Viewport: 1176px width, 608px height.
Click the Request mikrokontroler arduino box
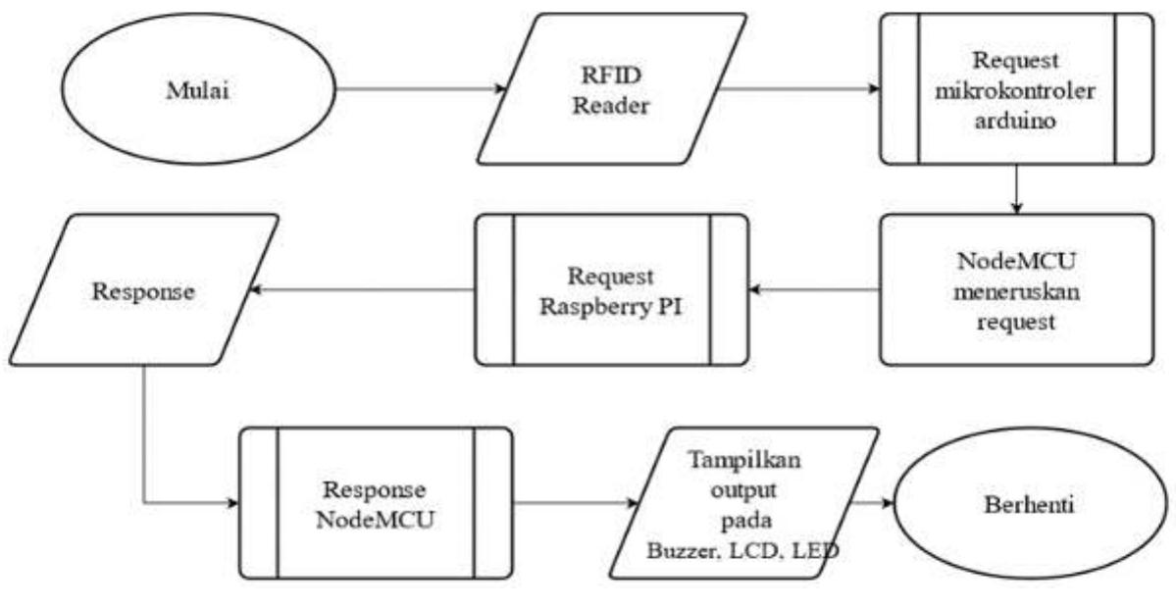coord(1016,89)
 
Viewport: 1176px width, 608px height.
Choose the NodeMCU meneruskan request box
coord(1016,290)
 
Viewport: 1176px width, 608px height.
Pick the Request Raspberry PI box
coord(611,289)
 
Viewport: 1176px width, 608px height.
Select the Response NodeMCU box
coord(376,503)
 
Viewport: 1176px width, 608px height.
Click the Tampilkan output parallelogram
coord(742,503)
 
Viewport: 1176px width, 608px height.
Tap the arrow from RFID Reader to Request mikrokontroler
coord(799,89)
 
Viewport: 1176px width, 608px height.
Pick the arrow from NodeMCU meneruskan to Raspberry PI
coord(814,289)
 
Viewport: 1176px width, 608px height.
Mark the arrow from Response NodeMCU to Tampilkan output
coord(574,503)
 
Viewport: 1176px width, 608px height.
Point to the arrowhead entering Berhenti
coord(888,503)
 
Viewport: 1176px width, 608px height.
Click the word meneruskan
coord(1016,291)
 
